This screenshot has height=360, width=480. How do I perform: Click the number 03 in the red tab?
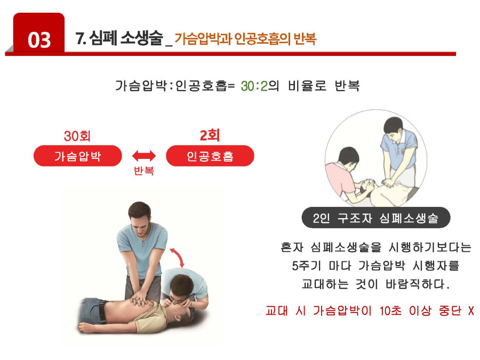click(39, 40)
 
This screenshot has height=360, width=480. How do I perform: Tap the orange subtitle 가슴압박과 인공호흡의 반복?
click(245, 38)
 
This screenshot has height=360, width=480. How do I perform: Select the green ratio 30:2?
click(254, 86)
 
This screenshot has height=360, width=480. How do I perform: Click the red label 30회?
click(77, 136)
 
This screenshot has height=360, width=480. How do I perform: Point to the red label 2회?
click(210, 135)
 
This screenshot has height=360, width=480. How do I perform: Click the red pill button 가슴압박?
click(78, 156)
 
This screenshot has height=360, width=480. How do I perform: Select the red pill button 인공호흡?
click(210, 156)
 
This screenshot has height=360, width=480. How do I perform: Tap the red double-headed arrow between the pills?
click(144, 156)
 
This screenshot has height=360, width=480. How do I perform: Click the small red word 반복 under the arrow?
click(144, 171)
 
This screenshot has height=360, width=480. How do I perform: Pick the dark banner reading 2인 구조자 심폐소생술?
click(376, 218)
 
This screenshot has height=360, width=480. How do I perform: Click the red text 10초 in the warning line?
click(390, 311)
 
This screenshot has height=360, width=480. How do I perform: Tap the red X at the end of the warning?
click(471, 311)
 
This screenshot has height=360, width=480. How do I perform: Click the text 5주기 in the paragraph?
click(307, 266)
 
